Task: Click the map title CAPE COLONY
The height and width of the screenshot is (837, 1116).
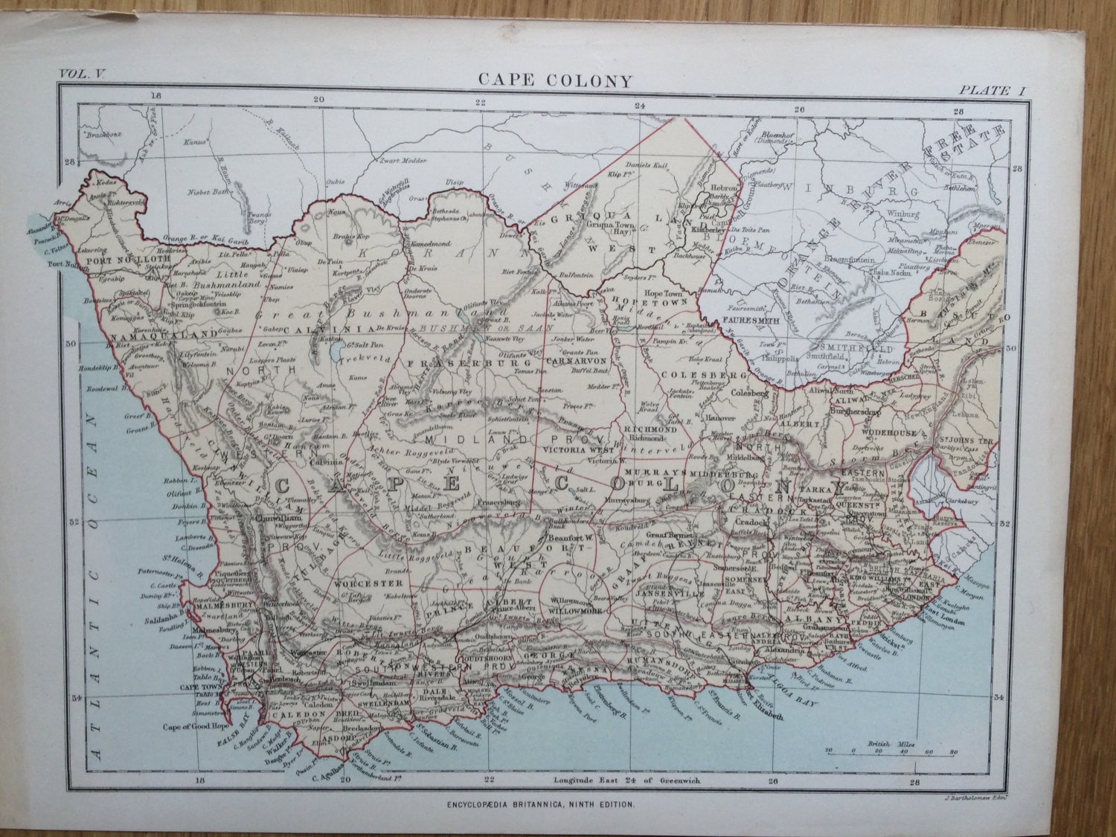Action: [554, 80]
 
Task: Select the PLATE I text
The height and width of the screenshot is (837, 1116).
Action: [992, 90]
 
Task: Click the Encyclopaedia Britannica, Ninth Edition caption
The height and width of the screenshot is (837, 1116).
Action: [541, 804]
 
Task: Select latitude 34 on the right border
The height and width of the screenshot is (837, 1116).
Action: [1000, 697]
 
